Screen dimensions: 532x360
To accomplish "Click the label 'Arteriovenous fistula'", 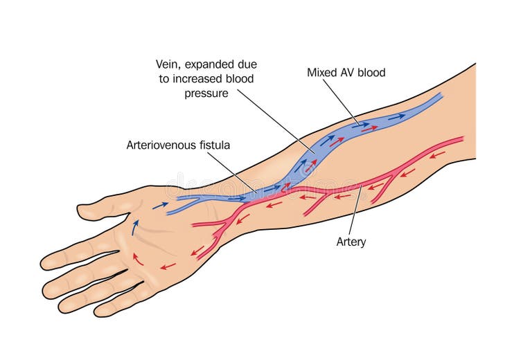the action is [177, 145].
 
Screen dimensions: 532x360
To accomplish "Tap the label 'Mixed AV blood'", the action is [346, 72].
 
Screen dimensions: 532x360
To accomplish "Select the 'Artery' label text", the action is [351, 242].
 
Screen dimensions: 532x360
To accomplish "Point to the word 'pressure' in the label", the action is [206, 93].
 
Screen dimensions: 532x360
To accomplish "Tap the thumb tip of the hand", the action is [82, 209].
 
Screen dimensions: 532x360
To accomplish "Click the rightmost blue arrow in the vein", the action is [396, 117].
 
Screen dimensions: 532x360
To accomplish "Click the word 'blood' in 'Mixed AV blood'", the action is [371, 72].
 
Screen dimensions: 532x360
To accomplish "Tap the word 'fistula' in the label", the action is [213, 145].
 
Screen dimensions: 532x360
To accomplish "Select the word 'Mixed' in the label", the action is [322, 72].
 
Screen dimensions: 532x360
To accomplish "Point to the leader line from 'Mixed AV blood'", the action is [341, 100].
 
